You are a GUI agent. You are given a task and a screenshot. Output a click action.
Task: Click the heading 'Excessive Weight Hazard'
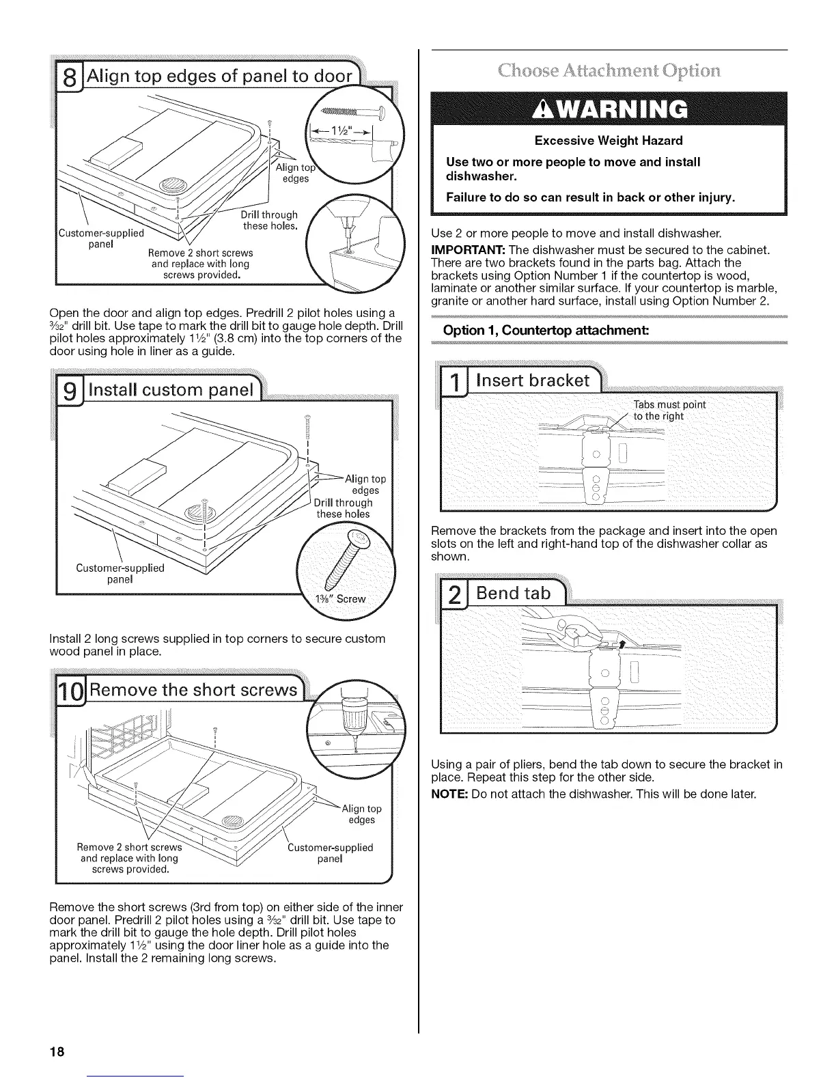pyautogui.click(x=609, y=141)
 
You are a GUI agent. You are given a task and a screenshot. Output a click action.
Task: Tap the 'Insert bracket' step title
pyautogui.click(x=533, y=381)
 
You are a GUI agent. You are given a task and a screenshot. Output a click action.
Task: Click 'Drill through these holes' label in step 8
pyautogui.click(x=270, y=221)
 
